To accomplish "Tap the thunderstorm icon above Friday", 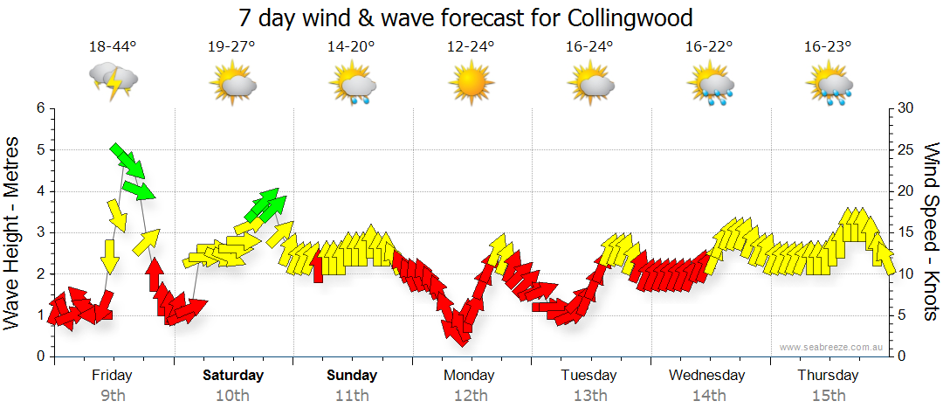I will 114,81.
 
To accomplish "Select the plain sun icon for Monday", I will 471,84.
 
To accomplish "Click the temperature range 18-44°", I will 114,46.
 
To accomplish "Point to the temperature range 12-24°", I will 471,46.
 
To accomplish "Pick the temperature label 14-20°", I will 352,46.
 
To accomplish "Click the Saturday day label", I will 233,376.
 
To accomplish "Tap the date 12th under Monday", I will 471,395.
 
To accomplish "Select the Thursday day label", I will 827,376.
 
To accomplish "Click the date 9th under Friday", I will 114,395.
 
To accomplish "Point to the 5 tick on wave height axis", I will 39,149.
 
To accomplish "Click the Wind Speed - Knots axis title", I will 931,232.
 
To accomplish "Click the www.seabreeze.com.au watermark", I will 832,347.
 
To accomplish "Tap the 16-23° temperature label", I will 828,46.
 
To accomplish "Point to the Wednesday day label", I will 707,376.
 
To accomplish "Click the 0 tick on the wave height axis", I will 39,356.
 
